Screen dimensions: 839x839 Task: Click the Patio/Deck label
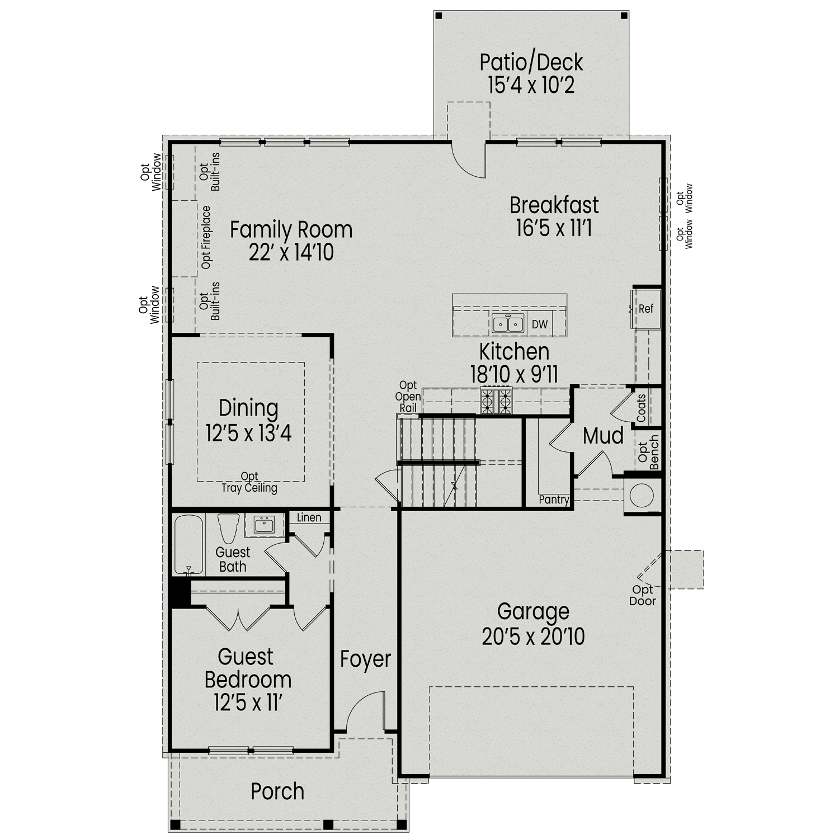(531, 62)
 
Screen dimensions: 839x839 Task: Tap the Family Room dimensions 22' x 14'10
(291, 253)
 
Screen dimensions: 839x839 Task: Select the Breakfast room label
(554, 205)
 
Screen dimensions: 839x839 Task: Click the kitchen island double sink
(507, 324)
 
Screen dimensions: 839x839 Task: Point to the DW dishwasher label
(540, 324)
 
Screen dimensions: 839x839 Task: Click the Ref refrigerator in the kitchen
(646, 309)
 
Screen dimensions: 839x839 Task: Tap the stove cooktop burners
(496, 401)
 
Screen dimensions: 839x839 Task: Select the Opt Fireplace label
(206, 237)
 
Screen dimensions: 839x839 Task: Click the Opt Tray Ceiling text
(249, 482)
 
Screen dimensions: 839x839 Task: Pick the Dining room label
(248, 408)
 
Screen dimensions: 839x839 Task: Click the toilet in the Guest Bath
(228, 527)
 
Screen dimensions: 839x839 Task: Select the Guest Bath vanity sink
(263, 525)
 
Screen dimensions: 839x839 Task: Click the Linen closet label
(309, 517)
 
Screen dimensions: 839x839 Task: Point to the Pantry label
(554, 499)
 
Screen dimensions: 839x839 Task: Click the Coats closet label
(641, 408)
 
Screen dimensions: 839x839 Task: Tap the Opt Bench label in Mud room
(648, 455)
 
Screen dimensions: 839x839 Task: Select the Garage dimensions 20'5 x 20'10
(533, 637)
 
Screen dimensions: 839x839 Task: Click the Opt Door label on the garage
(643, 596)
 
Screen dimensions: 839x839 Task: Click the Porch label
(277, 791)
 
